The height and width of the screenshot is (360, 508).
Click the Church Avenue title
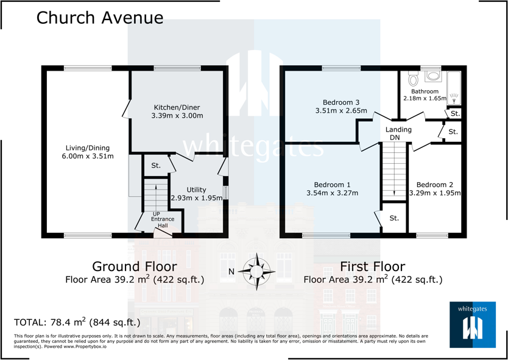pyautogui.click(x=100, y=18)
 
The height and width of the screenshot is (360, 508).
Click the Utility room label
pyautogui.click(x=196, y=190)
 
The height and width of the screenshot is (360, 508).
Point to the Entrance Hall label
pyautogui.click(x=163, y=222)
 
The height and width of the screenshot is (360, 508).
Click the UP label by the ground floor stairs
pyautogui.click(x=157, y=214)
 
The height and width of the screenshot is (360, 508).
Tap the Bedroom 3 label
pyautogui.click(x=341, y=102)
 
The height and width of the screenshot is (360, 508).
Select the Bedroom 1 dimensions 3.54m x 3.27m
pyautogui.click(x=332, y=194)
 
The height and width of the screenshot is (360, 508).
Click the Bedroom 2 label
pyautogui.click(x=435, y=185)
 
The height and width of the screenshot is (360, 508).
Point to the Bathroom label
pyautogui.click(x=425, y=91)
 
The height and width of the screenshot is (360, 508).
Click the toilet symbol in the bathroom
pyautogui.click(x=414, y=79)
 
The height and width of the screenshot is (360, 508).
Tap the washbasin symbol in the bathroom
pyautogui.click(x=434, y=76)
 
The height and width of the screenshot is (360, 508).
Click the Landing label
pyautogui.click(x=398, y=130)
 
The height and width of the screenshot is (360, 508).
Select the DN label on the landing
pyautogui.click(x=395, y=138)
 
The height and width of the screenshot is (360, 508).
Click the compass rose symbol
pyautogui.click(x=257, y=270)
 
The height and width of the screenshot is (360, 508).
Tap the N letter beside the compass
pyautogui.click(x=231, y=272)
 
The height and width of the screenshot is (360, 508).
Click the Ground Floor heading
pyautogui.click(x=134, y=267)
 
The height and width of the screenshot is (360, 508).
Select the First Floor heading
pyautogui.click(x=373, y=267)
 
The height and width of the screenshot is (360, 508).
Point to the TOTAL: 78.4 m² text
pyautogui.click(x=77, y=322)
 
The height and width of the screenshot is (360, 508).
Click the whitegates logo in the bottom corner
pyautogui.click(x=472, y=324)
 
